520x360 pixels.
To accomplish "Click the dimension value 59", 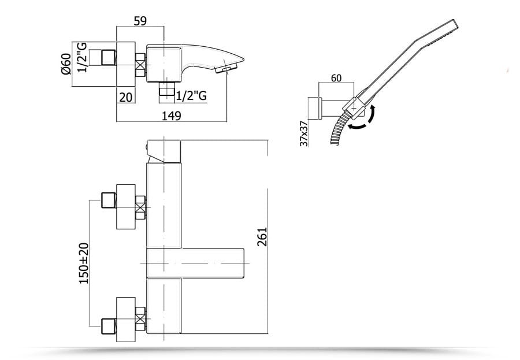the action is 140,21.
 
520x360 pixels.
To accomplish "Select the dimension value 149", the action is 171,116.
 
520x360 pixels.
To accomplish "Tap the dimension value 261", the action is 262,236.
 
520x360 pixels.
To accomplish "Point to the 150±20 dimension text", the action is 84,263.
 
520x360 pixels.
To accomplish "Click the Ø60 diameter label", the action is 66,64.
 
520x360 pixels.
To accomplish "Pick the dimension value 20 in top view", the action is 126,97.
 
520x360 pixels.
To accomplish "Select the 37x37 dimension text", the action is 303,133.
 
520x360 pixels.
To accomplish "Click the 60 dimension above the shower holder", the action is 336,78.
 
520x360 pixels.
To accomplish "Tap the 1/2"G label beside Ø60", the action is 82,57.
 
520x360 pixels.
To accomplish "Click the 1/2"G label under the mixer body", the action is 191,95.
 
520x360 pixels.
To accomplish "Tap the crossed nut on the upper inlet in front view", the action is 140,207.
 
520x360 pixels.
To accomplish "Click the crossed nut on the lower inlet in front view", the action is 140,319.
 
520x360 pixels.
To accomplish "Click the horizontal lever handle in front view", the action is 195,263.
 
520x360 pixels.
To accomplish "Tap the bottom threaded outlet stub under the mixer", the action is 167,88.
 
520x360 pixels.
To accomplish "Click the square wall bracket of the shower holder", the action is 314,108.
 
